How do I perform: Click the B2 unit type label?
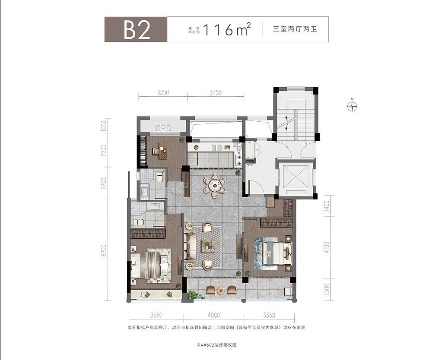137,30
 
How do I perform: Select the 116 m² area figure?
226,29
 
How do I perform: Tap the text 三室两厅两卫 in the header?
295,29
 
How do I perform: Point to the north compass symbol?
352,106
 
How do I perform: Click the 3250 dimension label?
163,92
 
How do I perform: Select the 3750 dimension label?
216,92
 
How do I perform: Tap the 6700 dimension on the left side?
104,250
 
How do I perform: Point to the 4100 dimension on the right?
327,247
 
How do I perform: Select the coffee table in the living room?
209,246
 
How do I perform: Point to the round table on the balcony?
221,291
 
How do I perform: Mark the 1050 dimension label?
104,126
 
